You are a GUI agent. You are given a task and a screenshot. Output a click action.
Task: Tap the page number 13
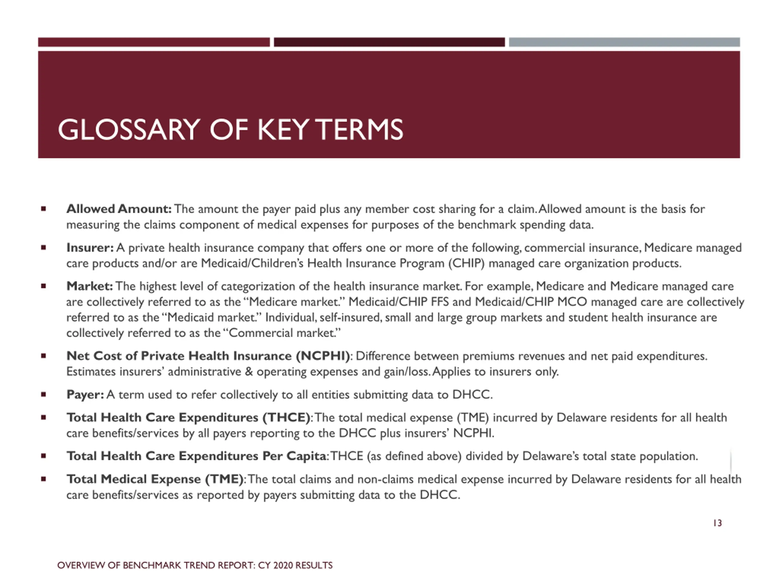(x=717, y=523)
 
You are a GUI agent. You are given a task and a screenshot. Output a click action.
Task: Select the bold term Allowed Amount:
(x=119, y=209)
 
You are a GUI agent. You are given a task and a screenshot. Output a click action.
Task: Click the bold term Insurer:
(x=90, y=248)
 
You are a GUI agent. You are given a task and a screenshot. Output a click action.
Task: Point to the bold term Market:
(x=89, y=286)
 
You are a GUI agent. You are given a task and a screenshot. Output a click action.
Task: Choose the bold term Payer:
(x=85, y=394)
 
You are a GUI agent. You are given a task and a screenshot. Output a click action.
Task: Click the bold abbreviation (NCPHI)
(x=323, y=356)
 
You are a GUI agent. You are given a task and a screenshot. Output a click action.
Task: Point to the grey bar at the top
(x=624, y=42)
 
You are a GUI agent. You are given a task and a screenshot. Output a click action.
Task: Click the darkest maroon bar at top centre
(x=389, y=42)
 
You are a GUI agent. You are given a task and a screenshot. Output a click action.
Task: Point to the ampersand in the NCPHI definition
(x=249, y=372)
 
